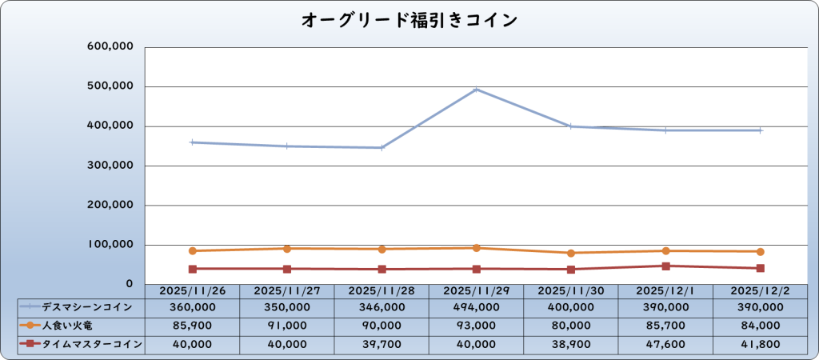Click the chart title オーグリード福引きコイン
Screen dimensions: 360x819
pos(409,20)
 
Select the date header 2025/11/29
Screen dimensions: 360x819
pos(477,291)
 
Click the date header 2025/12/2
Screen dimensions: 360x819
pos(760,291)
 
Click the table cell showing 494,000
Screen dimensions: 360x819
pos(477,306)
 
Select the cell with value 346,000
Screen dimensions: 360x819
pos(382,306)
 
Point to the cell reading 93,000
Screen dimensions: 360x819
pos(477,325)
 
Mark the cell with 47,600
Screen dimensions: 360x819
pos(665,344)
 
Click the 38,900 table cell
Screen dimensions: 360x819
pos(571,344)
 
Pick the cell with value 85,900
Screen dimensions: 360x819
pos(193,325)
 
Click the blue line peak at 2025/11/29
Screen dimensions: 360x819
pos(477,90)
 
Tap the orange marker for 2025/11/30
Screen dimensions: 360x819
pos(571,253)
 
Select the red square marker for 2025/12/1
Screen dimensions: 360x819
pos(665,266)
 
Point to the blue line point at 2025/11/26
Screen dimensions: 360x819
pos(193,142)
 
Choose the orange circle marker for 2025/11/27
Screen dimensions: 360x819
pos(287,249)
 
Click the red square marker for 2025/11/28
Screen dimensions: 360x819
pos(382,269)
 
